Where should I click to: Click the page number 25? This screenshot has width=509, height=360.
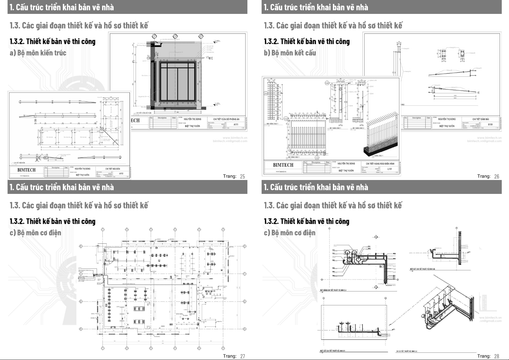242,176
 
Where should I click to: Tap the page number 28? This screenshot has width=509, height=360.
497,356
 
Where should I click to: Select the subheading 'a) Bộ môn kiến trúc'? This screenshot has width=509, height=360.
38,53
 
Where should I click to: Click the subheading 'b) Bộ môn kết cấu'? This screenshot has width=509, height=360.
290,53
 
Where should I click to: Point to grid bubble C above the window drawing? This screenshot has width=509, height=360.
154,37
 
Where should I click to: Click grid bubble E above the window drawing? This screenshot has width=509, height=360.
201,37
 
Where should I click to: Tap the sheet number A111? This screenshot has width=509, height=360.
236,124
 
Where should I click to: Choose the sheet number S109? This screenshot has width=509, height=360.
490,124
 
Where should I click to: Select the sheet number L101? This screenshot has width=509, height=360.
390,169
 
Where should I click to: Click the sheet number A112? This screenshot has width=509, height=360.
121,174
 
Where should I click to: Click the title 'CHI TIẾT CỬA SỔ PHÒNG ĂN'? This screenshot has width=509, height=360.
226,119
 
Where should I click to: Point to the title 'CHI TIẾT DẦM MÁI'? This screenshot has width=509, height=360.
481,119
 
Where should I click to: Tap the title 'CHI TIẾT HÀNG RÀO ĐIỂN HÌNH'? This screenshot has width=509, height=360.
380,164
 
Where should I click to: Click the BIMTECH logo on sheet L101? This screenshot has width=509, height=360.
283,165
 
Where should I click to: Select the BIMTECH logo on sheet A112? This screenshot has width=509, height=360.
27,170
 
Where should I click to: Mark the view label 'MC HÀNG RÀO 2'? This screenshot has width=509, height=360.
359,128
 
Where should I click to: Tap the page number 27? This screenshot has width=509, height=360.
242,356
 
